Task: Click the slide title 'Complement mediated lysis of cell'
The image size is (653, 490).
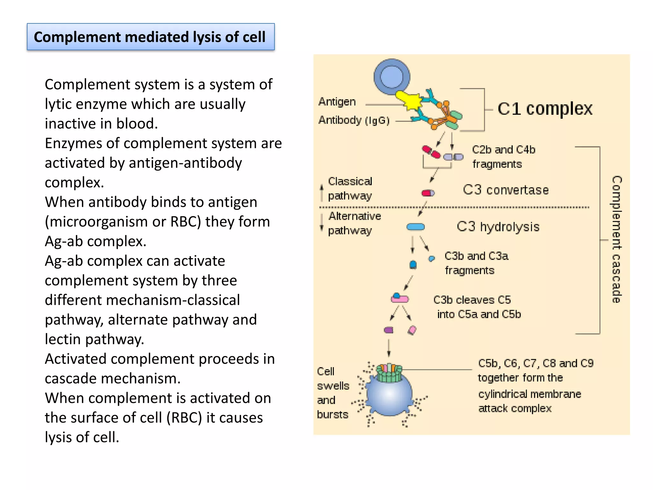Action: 150,37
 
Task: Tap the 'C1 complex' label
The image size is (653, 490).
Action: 545,109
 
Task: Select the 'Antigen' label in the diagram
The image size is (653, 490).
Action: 337,102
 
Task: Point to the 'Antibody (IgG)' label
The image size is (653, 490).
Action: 354,120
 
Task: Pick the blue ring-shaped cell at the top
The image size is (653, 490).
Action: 392,77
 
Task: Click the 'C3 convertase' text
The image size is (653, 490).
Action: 506,190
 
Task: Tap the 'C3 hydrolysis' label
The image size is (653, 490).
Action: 498,227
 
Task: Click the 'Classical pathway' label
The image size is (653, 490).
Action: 350,189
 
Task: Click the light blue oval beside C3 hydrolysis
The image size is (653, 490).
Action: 415,227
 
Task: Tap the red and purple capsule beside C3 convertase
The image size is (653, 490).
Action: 428,193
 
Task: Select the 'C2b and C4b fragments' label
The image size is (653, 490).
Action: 503,157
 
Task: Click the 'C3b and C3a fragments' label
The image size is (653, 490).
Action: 476,263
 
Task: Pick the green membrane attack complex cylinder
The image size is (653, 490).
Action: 389,373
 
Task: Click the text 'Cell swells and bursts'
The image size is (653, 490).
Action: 333,393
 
